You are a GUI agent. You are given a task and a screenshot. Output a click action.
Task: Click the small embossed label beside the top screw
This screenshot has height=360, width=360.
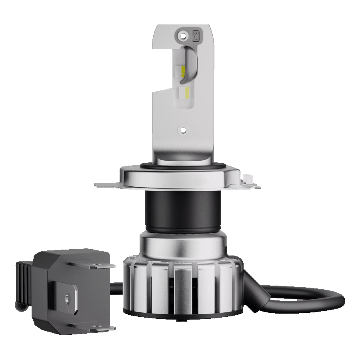[196, 35]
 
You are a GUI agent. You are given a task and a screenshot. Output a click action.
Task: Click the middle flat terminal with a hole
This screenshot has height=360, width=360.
[66, 298]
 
